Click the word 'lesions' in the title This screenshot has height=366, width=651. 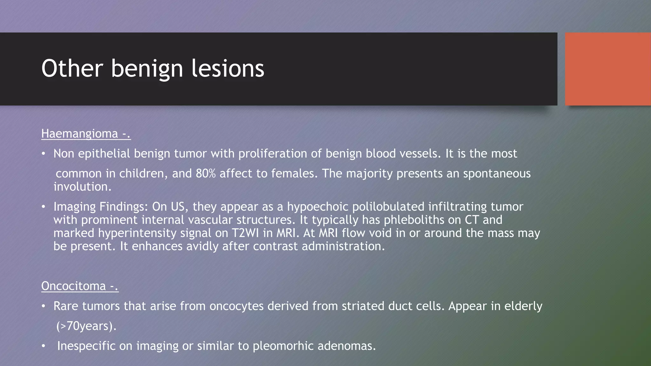pos(228,68)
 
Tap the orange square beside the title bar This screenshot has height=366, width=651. pos(608,69)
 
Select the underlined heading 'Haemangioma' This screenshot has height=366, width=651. pos(79,134)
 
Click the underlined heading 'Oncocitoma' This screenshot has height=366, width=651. pos(73,286)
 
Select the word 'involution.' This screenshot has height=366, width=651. pos(82,187)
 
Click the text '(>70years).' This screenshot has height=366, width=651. pos(86,326)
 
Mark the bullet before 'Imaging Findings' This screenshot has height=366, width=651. pos(44,207)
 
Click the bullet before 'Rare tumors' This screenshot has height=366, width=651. pos(44,307)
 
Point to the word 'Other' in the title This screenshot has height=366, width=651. pos(72,68)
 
